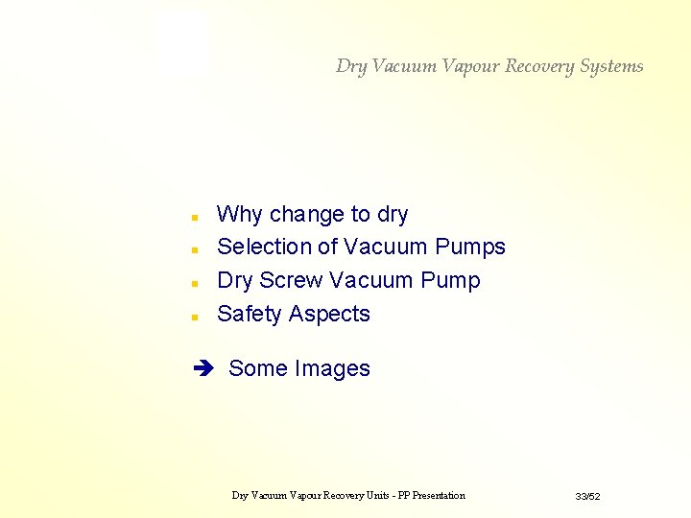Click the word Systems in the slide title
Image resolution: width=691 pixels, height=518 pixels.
click(611, 66)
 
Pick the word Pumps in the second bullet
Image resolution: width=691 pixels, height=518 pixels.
click(469, 247)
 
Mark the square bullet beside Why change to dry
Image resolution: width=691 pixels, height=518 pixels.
click(194, 216)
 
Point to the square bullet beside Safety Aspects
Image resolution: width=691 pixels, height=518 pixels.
click(194, 316)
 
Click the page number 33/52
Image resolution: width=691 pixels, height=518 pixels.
click(587, 496)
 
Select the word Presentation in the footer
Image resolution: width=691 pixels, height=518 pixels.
click(433, 495)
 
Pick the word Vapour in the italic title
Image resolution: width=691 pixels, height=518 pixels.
click(469, 66)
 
